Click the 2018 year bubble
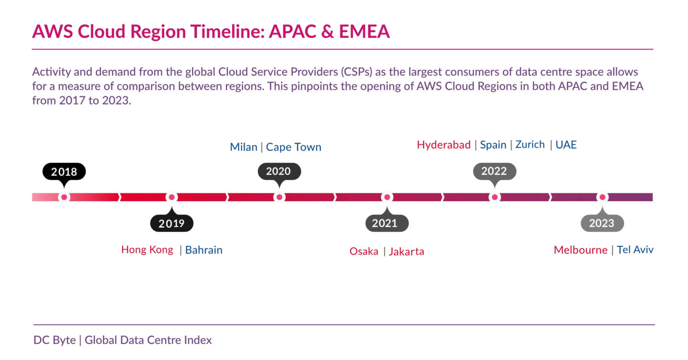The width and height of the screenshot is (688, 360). [x=64, y=171]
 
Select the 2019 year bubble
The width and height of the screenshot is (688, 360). [x=172, y=223]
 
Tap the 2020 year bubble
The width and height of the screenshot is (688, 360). [x=279, y=171]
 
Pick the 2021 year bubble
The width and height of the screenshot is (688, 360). [x=387, y=223]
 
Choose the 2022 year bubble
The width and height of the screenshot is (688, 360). [x=494, y=171]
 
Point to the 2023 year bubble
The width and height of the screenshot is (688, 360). [x=602, y=223]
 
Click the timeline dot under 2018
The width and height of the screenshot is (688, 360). [x=64, y=197]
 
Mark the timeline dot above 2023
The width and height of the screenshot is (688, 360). [x=602, y=197]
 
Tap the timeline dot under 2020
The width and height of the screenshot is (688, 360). [x=279, y=197]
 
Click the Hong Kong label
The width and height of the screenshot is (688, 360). [x=147, y=250]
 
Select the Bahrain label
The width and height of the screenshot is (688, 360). [x=204, y=250]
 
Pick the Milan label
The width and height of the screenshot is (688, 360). [x=243, y=147]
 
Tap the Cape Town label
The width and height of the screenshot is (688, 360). [x=293, y=147]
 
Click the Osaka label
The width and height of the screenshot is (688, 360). [x=364, y=252]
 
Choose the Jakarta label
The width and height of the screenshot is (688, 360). [x=406, y=252]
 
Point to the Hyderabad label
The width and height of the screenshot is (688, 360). [x=443, y=145]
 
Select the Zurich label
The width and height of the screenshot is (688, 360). [x=530, y=145]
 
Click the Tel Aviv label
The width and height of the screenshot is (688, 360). [x=635, y=250]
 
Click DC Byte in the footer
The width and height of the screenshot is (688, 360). [x=55, y=340]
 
